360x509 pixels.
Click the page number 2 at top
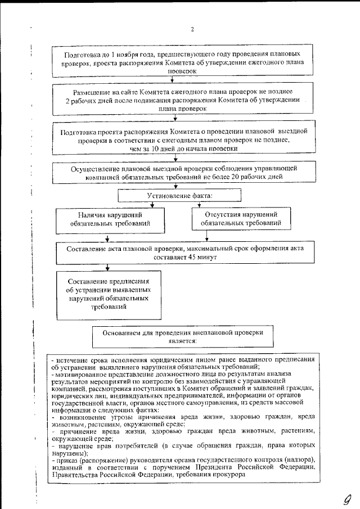tap(192, 29)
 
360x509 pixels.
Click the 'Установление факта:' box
tap(179, 196)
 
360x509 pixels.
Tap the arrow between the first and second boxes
tap(172, 80)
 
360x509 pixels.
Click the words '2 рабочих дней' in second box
tap(89, 100)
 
